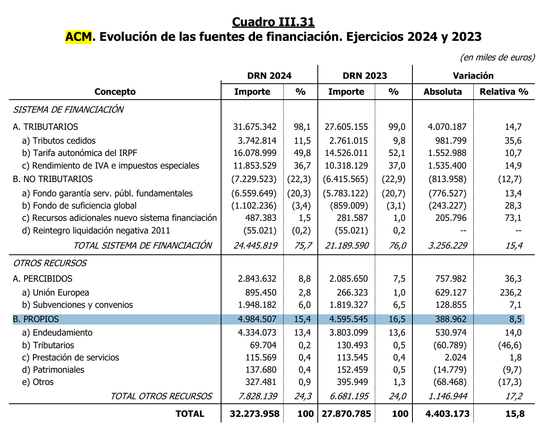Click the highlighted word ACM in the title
(79, 37)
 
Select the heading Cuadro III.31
(273, 22)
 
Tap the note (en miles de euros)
(497, 57)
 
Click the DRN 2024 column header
(269, 76)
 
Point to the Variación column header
(473, 76)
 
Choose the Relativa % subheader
(504, 91)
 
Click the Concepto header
(115, 91)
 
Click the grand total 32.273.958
(255, 414)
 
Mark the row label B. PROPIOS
(36, 319)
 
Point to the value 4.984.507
(257, 319)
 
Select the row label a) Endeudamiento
(58, 333)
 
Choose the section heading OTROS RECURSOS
(50, 263)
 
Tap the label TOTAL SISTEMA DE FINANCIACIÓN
(142, 245)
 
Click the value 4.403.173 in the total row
(447, 414)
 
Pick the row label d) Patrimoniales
(53, 370)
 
